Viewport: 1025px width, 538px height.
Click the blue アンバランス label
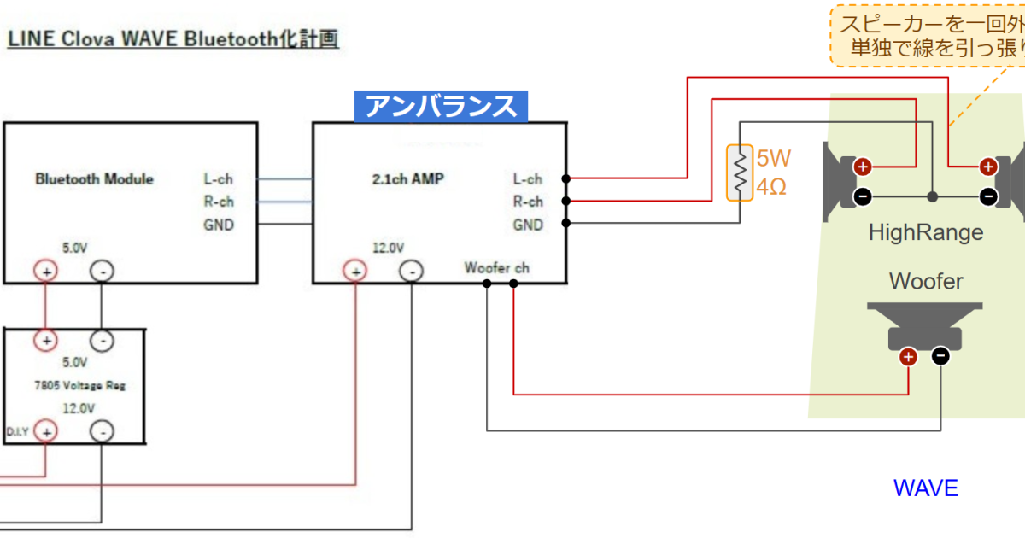442,106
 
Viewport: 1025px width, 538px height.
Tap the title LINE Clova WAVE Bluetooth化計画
173,39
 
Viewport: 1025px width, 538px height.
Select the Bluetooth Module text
94,179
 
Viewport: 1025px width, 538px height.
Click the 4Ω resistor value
771,186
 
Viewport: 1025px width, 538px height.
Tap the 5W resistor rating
773,159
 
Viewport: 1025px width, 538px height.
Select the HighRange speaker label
926,232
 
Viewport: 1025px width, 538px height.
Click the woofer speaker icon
924,325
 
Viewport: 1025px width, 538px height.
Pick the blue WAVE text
926,488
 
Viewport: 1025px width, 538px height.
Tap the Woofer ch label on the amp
496,268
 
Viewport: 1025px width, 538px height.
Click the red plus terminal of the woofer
908,357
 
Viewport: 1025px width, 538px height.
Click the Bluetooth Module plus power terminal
44,272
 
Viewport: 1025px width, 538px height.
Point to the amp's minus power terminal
412,272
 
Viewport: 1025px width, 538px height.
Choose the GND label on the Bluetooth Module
218,225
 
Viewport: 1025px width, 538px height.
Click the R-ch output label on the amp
528,202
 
